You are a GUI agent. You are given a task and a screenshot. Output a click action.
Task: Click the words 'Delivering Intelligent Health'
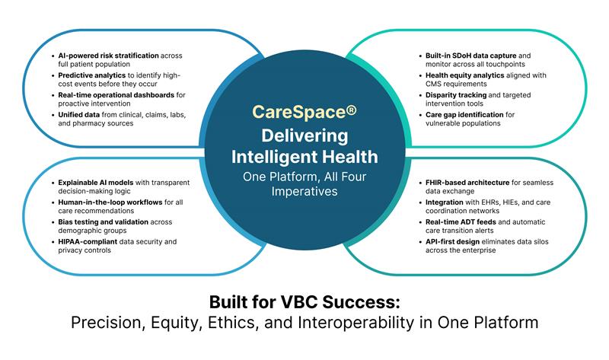[304, 146]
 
